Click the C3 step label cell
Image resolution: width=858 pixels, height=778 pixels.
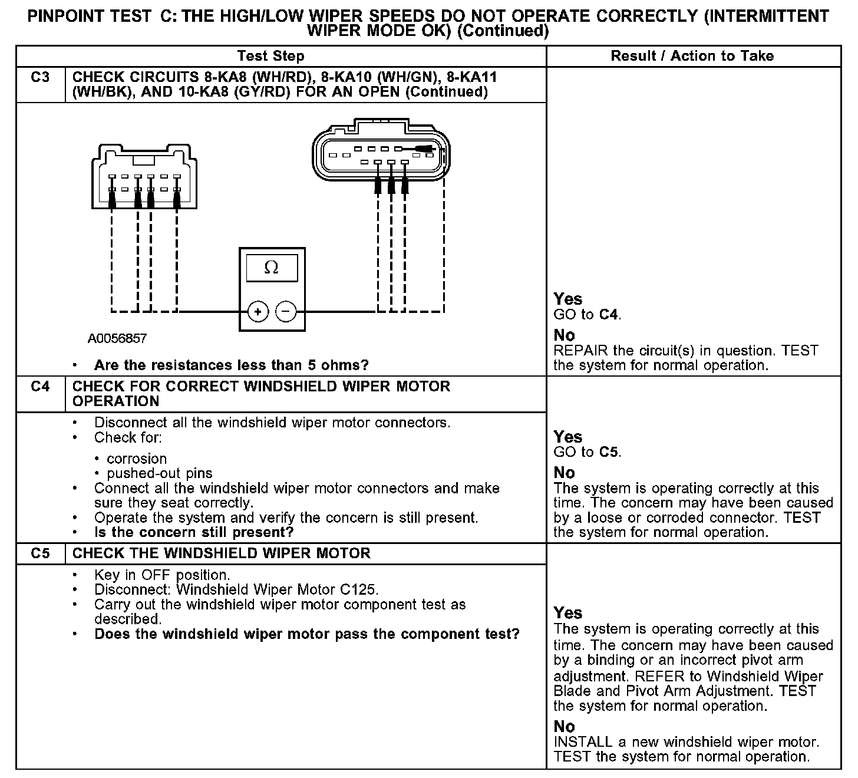[40, 78]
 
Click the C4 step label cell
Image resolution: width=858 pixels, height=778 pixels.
[40, 387]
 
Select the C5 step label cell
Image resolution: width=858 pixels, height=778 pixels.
[40, 554]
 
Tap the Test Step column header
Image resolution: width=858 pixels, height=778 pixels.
[270, 57]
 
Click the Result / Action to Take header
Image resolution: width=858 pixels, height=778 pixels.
[692, 57]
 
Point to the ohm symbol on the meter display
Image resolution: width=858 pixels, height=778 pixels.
[271, 268]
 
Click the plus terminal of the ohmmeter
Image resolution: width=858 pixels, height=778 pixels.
[258, 311]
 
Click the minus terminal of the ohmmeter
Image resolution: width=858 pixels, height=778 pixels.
[286, 311]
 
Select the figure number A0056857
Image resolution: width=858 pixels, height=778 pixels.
[117, 339]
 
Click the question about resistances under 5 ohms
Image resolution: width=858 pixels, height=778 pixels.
[231, 365]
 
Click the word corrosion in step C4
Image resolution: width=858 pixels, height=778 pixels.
[137, 459]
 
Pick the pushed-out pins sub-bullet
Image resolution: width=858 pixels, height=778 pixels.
[159, 474]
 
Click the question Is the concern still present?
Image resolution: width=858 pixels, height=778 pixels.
[194, 533]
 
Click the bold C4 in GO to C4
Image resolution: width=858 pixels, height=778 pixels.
[609, 315]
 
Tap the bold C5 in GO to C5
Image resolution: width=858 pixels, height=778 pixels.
[609, 453]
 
